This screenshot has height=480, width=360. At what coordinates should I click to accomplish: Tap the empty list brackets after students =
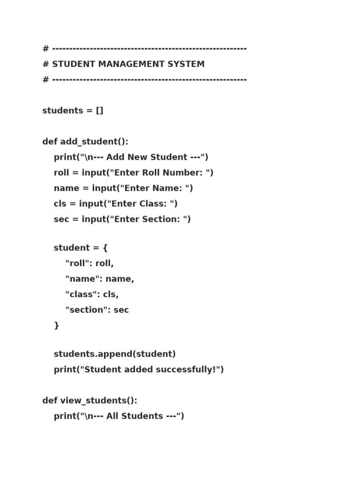coord(99,111)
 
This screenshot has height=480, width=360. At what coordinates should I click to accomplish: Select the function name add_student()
coord(94,142)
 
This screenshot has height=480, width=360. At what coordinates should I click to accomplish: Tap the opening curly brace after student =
coord(105,248)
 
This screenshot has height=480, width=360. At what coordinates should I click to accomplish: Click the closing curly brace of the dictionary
coord(57,325)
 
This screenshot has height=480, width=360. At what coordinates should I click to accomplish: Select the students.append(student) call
coord(115,354)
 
